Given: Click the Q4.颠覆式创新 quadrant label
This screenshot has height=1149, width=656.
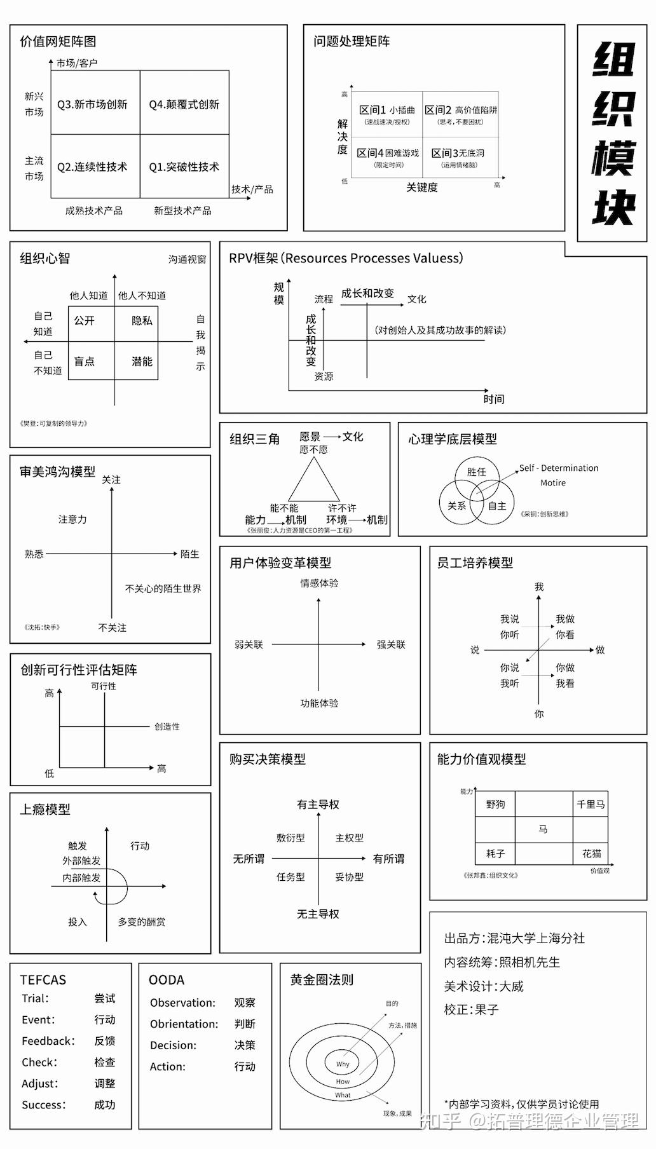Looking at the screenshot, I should pyautogui.click(x=184, y=104).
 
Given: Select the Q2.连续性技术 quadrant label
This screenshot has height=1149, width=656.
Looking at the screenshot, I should pyautogui.click(x=92, y=167).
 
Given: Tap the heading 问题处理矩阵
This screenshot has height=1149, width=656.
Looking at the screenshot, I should pyautogui.click(x=352, y=41).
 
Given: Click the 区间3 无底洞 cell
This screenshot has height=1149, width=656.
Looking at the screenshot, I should pyautogui.click(x=458, y=156).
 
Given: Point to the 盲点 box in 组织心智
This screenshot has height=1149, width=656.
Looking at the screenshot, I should pyautogui.click(x=85, y=362).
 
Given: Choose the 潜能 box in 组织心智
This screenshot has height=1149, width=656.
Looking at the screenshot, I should pyautogui.click(x=142, y=362).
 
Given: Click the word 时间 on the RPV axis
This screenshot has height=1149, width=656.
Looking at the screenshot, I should pyautogui.click(x=493, y=398).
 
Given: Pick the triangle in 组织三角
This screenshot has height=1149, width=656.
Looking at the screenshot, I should pyautogui.click(x=314, y=482).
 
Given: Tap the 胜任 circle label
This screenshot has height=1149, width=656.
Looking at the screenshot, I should pyautogui.click(x=476, y=472).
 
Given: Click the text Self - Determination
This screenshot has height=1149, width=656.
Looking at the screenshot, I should pyautogui.click(x=559, y=468).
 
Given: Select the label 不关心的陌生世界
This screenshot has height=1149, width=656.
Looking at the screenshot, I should pyautogui.click(x=163, y=588).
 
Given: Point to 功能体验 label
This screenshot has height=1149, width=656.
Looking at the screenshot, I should pyautogui.click(x=319, y=703).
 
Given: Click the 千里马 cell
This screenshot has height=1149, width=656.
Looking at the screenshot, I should pyautogui.click(x=591, y=805).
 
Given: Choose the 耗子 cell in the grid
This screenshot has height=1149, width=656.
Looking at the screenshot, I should pyautogui.click(x=495, y=853).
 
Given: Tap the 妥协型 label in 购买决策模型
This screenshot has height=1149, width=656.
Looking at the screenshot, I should pyautogui.click(x=350, y=877).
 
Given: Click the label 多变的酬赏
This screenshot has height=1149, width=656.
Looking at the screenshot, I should pyautogui.click(x=142, y=921).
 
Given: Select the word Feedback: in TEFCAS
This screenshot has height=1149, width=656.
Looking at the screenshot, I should pyautogui.click(x=48, y=1041).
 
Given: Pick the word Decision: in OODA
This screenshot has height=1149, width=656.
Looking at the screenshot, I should pyautogui.click(x=173, y=1045).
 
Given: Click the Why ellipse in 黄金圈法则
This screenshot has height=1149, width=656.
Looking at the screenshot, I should pyautogui.click(x=343, y=1063).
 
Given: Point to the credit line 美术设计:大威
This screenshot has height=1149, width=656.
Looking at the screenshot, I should pyautogui.click(x=484, y=986).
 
